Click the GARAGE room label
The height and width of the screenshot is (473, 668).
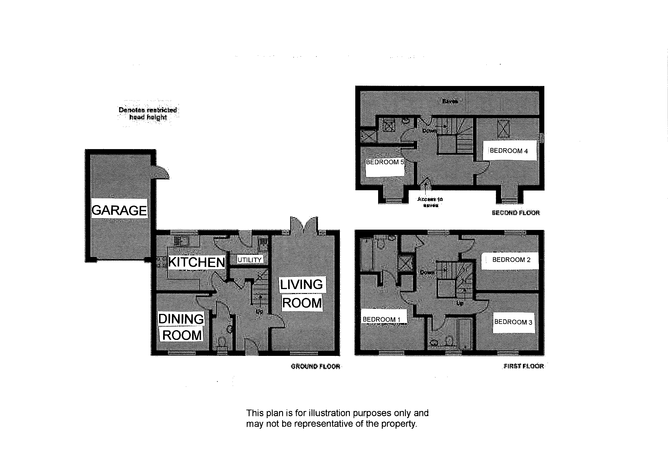[119, 210]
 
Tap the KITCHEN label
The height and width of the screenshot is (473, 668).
[196, 262]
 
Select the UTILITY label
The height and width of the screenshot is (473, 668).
[250, 260]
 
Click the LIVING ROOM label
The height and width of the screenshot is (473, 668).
[302, 294]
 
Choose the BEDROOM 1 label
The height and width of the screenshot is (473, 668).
[381, 320]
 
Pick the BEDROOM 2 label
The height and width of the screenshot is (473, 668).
[511, 260]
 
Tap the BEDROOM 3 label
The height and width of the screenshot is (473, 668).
[513, 322]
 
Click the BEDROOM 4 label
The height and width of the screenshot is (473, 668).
[509, 151]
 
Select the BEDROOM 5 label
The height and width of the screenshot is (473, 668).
[385, 162]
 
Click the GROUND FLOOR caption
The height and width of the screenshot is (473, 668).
[315, 366]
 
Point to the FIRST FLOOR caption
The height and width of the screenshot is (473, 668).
[523, 366]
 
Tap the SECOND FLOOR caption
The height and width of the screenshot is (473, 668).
[516, 213]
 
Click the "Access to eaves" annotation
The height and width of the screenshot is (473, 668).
[430, 202]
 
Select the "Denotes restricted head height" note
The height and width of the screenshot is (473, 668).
[148, 114]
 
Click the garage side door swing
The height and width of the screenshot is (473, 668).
[162, 172]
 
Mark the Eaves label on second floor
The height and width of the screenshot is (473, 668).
[450, 101]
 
